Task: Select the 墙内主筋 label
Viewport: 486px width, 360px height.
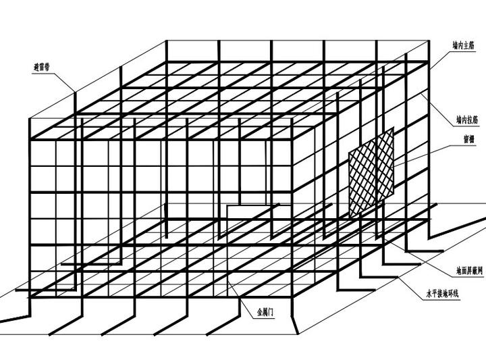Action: [x=464, y=48]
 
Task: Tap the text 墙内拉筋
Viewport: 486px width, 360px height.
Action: [x=464, y=120]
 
